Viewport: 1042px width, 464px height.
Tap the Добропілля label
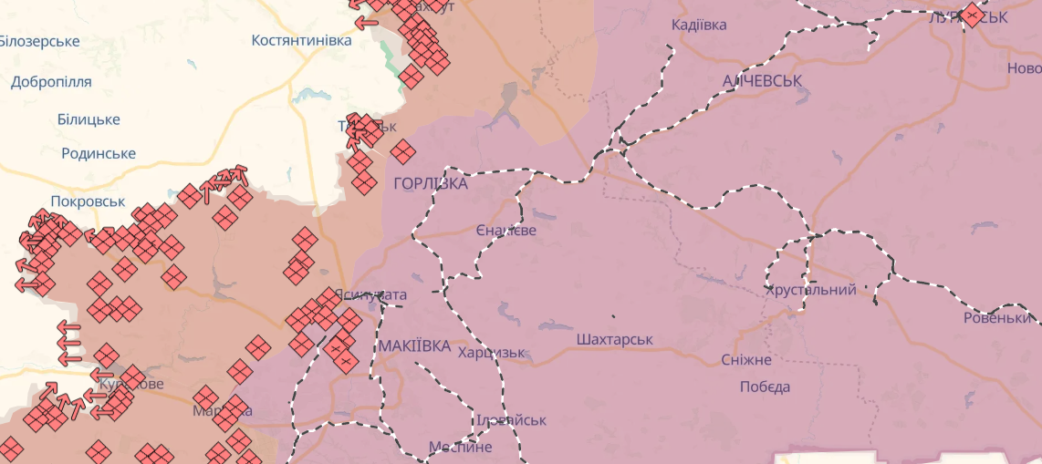click(51, 81)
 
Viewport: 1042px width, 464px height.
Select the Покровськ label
click(87, 201)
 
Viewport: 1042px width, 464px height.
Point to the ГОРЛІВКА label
click(431, 184)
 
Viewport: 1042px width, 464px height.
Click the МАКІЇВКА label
click(414, 346)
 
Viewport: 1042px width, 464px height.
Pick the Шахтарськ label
click(615, 339)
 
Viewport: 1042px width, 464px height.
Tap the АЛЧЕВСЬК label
click(762, 81)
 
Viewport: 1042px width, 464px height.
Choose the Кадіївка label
click(699, 25)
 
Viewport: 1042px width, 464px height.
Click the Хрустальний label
click(811, 290)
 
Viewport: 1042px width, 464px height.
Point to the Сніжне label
click(746, 360)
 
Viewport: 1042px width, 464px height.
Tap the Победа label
click(765, 387)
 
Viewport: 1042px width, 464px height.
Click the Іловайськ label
click(511, 420)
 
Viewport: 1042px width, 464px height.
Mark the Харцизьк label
click(492, 353)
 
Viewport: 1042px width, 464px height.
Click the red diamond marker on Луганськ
click(972, 15)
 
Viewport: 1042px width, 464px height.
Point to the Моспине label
click(461, 447)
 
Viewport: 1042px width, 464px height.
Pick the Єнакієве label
click(506, 231)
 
